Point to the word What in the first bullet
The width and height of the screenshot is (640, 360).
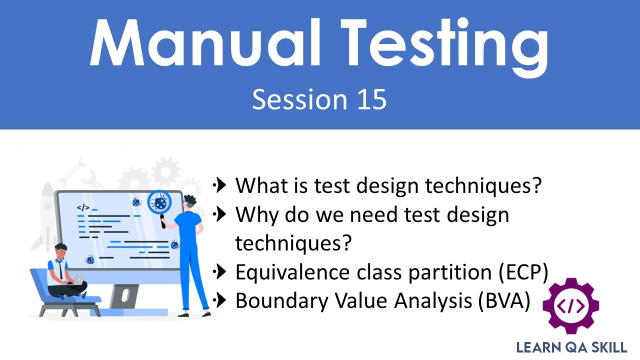pos(260,185)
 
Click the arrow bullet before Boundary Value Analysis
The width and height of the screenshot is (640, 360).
pos(220,300)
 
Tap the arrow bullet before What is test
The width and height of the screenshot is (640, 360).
pos(220,185)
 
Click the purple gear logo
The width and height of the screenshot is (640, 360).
pos(570,306)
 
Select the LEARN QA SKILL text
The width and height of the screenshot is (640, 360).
pos(571,347)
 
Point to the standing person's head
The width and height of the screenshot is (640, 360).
pos(189,203)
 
